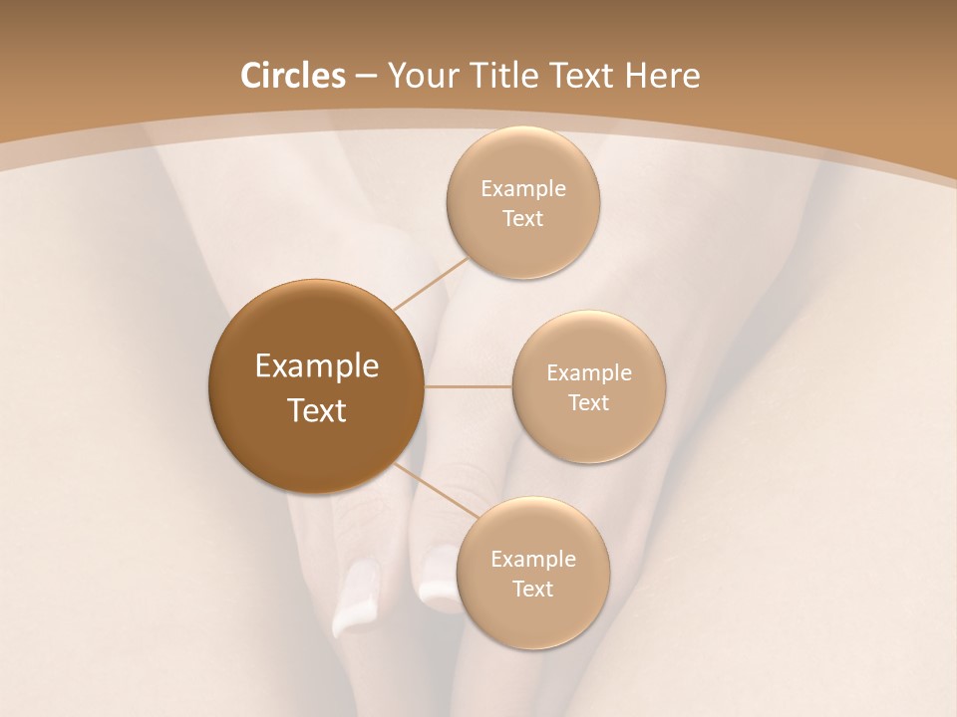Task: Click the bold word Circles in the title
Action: tap(293, 76)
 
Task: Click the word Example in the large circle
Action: tap(317, 366)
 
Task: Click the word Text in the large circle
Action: tap(317, 410)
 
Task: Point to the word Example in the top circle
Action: tap(523, 188)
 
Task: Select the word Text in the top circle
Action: tap(523, 218)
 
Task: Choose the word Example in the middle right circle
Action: tap(589, 372)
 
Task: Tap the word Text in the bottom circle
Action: tap(532, 589)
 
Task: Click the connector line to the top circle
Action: tap(431, 283)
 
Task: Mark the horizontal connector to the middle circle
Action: tap(469, 385)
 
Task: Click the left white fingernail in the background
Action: tap(357, 597)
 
